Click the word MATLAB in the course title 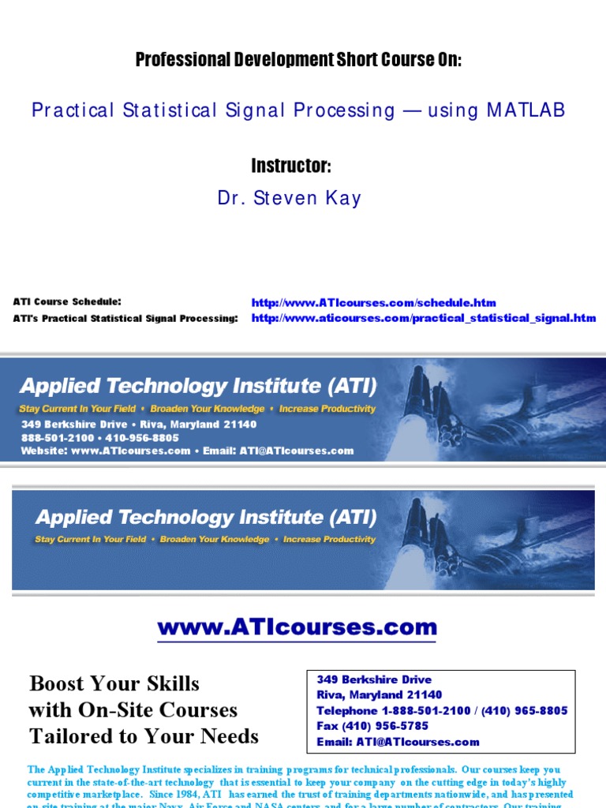[526, 110]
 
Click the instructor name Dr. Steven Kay [290, 198]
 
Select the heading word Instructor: [291, 166]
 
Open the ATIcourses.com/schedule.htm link [373, 302]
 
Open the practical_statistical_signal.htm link [424, 318]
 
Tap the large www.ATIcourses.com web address [297, 628]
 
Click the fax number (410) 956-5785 [372, 726]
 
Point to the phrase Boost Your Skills [114, 683]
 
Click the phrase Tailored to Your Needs [144, 736]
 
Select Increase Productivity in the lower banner [330, 540]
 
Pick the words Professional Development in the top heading [211, 60]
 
